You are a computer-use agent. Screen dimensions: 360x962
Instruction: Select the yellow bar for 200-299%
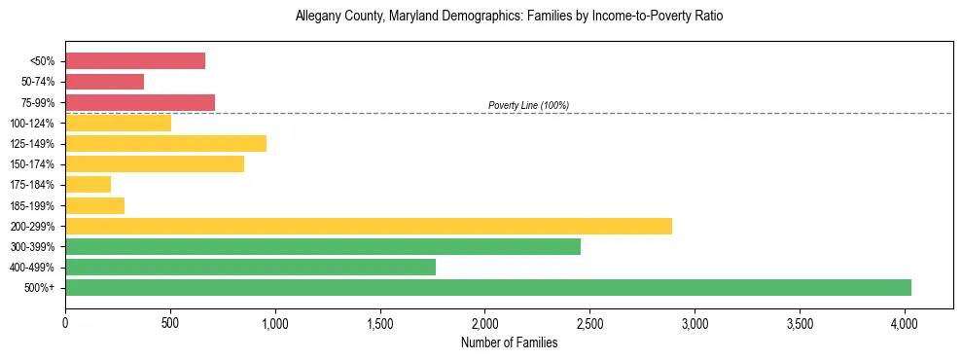coord(369,226)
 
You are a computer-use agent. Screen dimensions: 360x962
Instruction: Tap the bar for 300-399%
coord(323,246)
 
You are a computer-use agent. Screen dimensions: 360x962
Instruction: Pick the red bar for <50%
coord(135,61)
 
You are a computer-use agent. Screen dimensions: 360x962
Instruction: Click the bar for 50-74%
coord(105,82)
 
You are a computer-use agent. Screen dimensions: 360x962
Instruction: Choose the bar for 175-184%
coord(89,184)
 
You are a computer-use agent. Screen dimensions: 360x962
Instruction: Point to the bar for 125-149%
coord(166,143)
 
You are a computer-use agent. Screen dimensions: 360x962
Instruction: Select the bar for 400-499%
coord(251,267)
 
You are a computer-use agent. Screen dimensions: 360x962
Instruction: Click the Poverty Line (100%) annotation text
coord(528,105)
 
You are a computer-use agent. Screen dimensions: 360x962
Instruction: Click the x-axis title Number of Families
coord(509,342)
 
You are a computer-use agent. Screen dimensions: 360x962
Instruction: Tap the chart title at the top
coord(509,17)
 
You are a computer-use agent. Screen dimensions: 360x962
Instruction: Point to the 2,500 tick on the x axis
coord(589,319)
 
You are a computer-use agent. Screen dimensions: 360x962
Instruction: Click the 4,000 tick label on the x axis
coord(904,319)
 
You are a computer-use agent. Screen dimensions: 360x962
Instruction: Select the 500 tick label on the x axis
coord(170,319)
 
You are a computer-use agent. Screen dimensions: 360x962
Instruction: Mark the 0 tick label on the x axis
coord(65,319)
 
